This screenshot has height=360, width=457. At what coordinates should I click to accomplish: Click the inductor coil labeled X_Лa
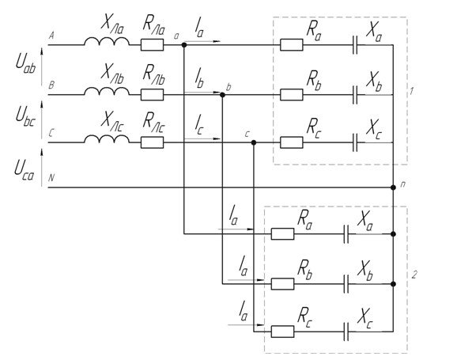click(107, 41)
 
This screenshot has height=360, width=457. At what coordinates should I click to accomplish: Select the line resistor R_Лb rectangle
click(152, 95)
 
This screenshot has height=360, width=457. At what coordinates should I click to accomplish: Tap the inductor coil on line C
click(107, 139)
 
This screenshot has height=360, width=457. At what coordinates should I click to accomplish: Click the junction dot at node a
click(184, 45)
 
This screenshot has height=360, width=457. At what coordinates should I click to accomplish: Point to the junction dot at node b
click(222, 95)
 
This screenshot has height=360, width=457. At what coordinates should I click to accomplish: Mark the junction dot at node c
click(254, 142)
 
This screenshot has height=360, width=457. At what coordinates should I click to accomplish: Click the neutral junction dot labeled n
click(393, 188)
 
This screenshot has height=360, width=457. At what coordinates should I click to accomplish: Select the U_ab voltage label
click(25, 65)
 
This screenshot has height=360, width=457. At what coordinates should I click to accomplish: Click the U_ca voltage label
click(25, 170)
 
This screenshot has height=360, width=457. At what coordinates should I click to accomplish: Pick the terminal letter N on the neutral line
click(51, 178)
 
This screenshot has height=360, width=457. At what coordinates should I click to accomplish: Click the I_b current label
click(199, 78)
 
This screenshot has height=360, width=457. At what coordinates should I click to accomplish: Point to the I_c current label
click(198, 126)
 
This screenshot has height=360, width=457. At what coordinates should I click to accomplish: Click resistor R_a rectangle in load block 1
click(292, 45)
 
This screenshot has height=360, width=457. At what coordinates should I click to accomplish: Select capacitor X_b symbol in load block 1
click(355, 95)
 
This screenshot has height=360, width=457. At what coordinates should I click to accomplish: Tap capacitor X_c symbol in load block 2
click(346, 332)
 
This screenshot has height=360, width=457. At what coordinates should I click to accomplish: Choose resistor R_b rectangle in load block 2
click(282, 284)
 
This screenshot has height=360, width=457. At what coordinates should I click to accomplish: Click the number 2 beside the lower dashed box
click(414, 275)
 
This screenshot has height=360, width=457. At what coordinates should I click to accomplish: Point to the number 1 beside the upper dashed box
click(411, 91)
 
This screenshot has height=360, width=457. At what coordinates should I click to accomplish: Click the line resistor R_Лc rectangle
click(152, 142)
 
